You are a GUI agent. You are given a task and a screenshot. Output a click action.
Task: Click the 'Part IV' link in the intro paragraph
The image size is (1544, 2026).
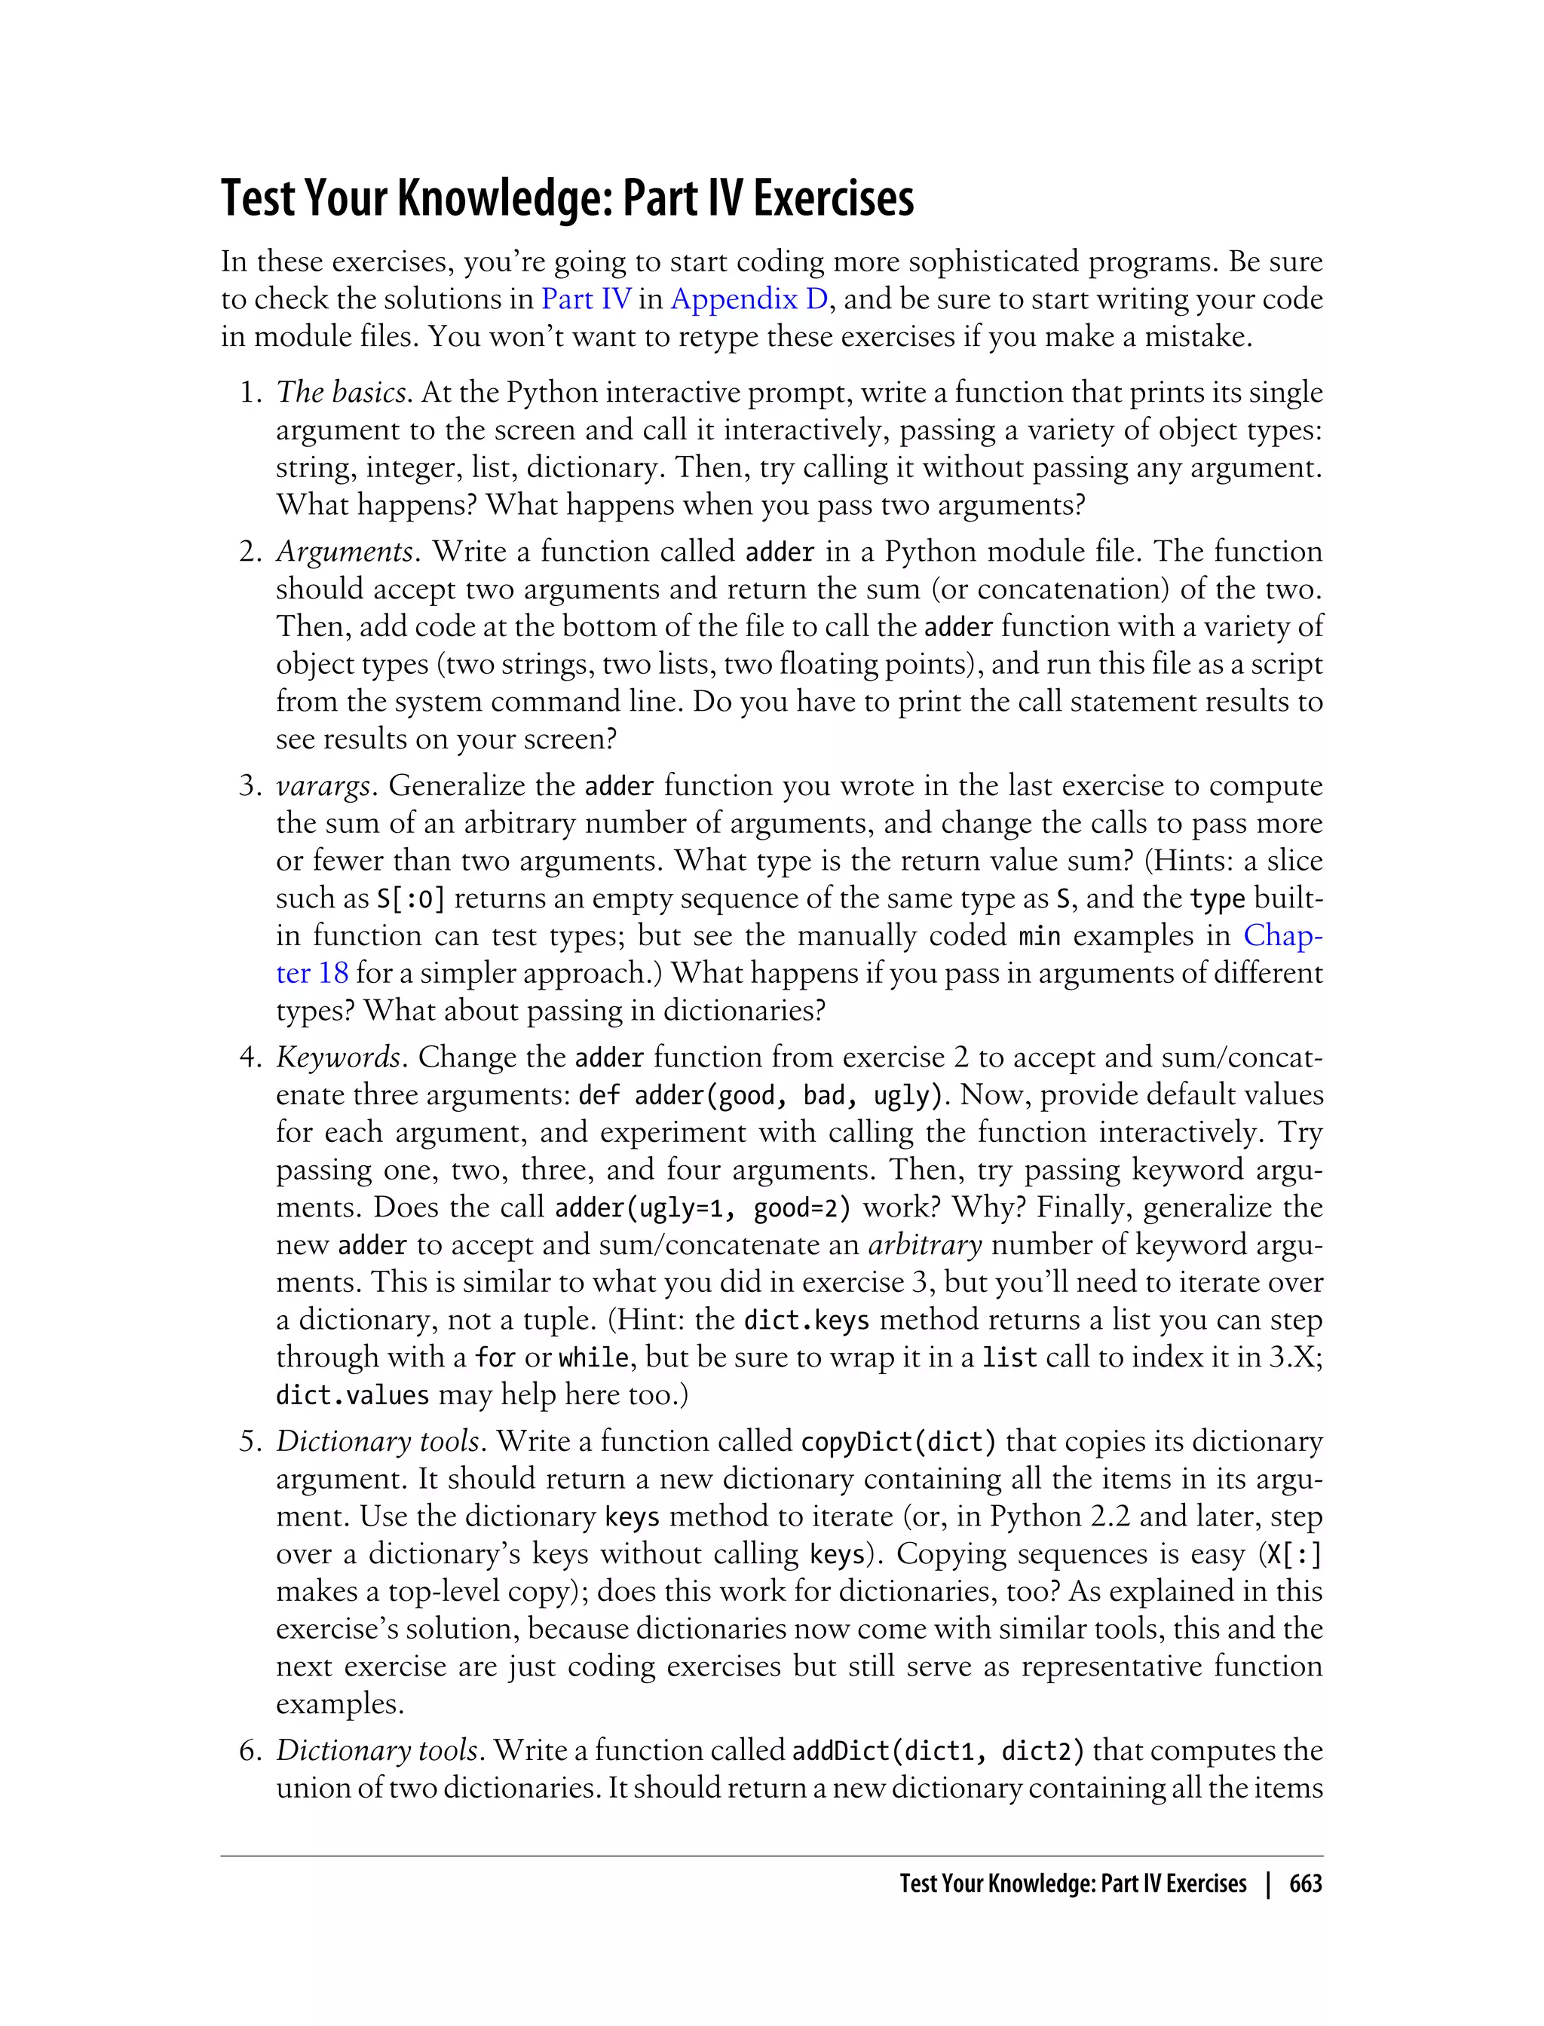(x=586, y=299)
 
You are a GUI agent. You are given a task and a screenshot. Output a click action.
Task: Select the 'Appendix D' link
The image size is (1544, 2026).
(x=749, y=299)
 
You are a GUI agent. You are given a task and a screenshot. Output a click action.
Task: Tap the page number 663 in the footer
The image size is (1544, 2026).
(x=1305, y=1884)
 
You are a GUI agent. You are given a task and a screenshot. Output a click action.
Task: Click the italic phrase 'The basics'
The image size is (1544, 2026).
(x=341, y=393)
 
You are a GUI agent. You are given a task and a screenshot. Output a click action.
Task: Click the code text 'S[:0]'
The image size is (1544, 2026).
(x=411, y=898)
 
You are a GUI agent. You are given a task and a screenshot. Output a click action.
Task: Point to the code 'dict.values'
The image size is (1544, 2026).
(x=352, y=1396)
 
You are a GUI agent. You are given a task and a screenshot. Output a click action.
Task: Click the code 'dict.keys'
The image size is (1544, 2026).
(x=806, y=1321)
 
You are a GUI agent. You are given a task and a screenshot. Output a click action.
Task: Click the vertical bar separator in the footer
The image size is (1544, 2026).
(x=1268, y=1884)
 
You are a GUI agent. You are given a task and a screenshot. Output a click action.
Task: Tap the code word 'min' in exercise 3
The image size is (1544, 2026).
(x=1040, y=936)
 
